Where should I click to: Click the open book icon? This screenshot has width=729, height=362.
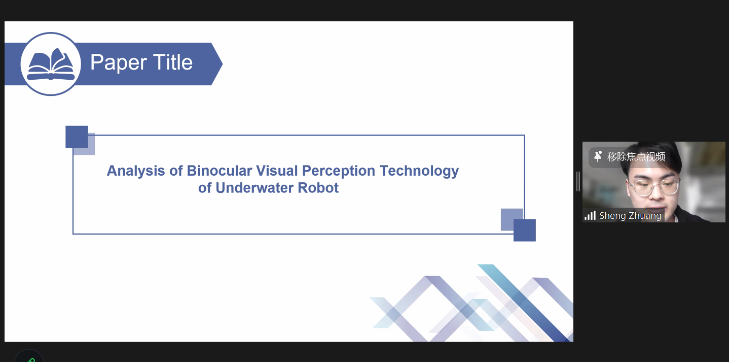click(51, 64)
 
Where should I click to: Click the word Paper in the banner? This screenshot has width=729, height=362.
click(119, 62)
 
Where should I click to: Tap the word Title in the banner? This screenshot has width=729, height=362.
click(173, 62)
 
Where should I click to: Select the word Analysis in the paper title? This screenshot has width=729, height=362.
click(136, 171)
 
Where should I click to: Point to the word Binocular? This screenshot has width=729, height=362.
click(220, 171)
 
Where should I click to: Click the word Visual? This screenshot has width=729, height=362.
click(277, 171)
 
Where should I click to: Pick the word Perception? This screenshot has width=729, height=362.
click(339, 171)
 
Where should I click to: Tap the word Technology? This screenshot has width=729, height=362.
click(419, 171)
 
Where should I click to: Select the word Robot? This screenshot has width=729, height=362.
click(318, 188)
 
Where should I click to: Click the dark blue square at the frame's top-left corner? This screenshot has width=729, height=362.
click(77, 137)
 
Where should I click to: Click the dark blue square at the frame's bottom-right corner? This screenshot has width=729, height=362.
click(525, 231)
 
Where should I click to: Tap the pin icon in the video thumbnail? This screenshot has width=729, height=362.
click(598, 156)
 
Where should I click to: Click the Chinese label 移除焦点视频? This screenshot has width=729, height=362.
click(636, 157)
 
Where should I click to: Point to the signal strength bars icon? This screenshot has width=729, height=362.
click(590, 215)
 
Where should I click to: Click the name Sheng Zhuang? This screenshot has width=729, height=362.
click(630, 216)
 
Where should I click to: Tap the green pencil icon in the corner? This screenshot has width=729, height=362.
click(31, 360)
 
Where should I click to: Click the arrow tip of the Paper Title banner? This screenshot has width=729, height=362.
click(223, 64)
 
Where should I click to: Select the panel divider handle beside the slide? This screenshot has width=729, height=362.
click(578, 181)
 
